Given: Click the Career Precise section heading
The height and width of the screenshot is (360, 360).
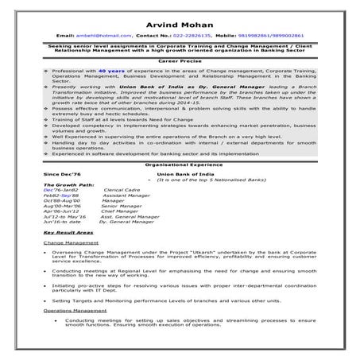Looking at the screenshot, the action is tap(179, 60).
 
